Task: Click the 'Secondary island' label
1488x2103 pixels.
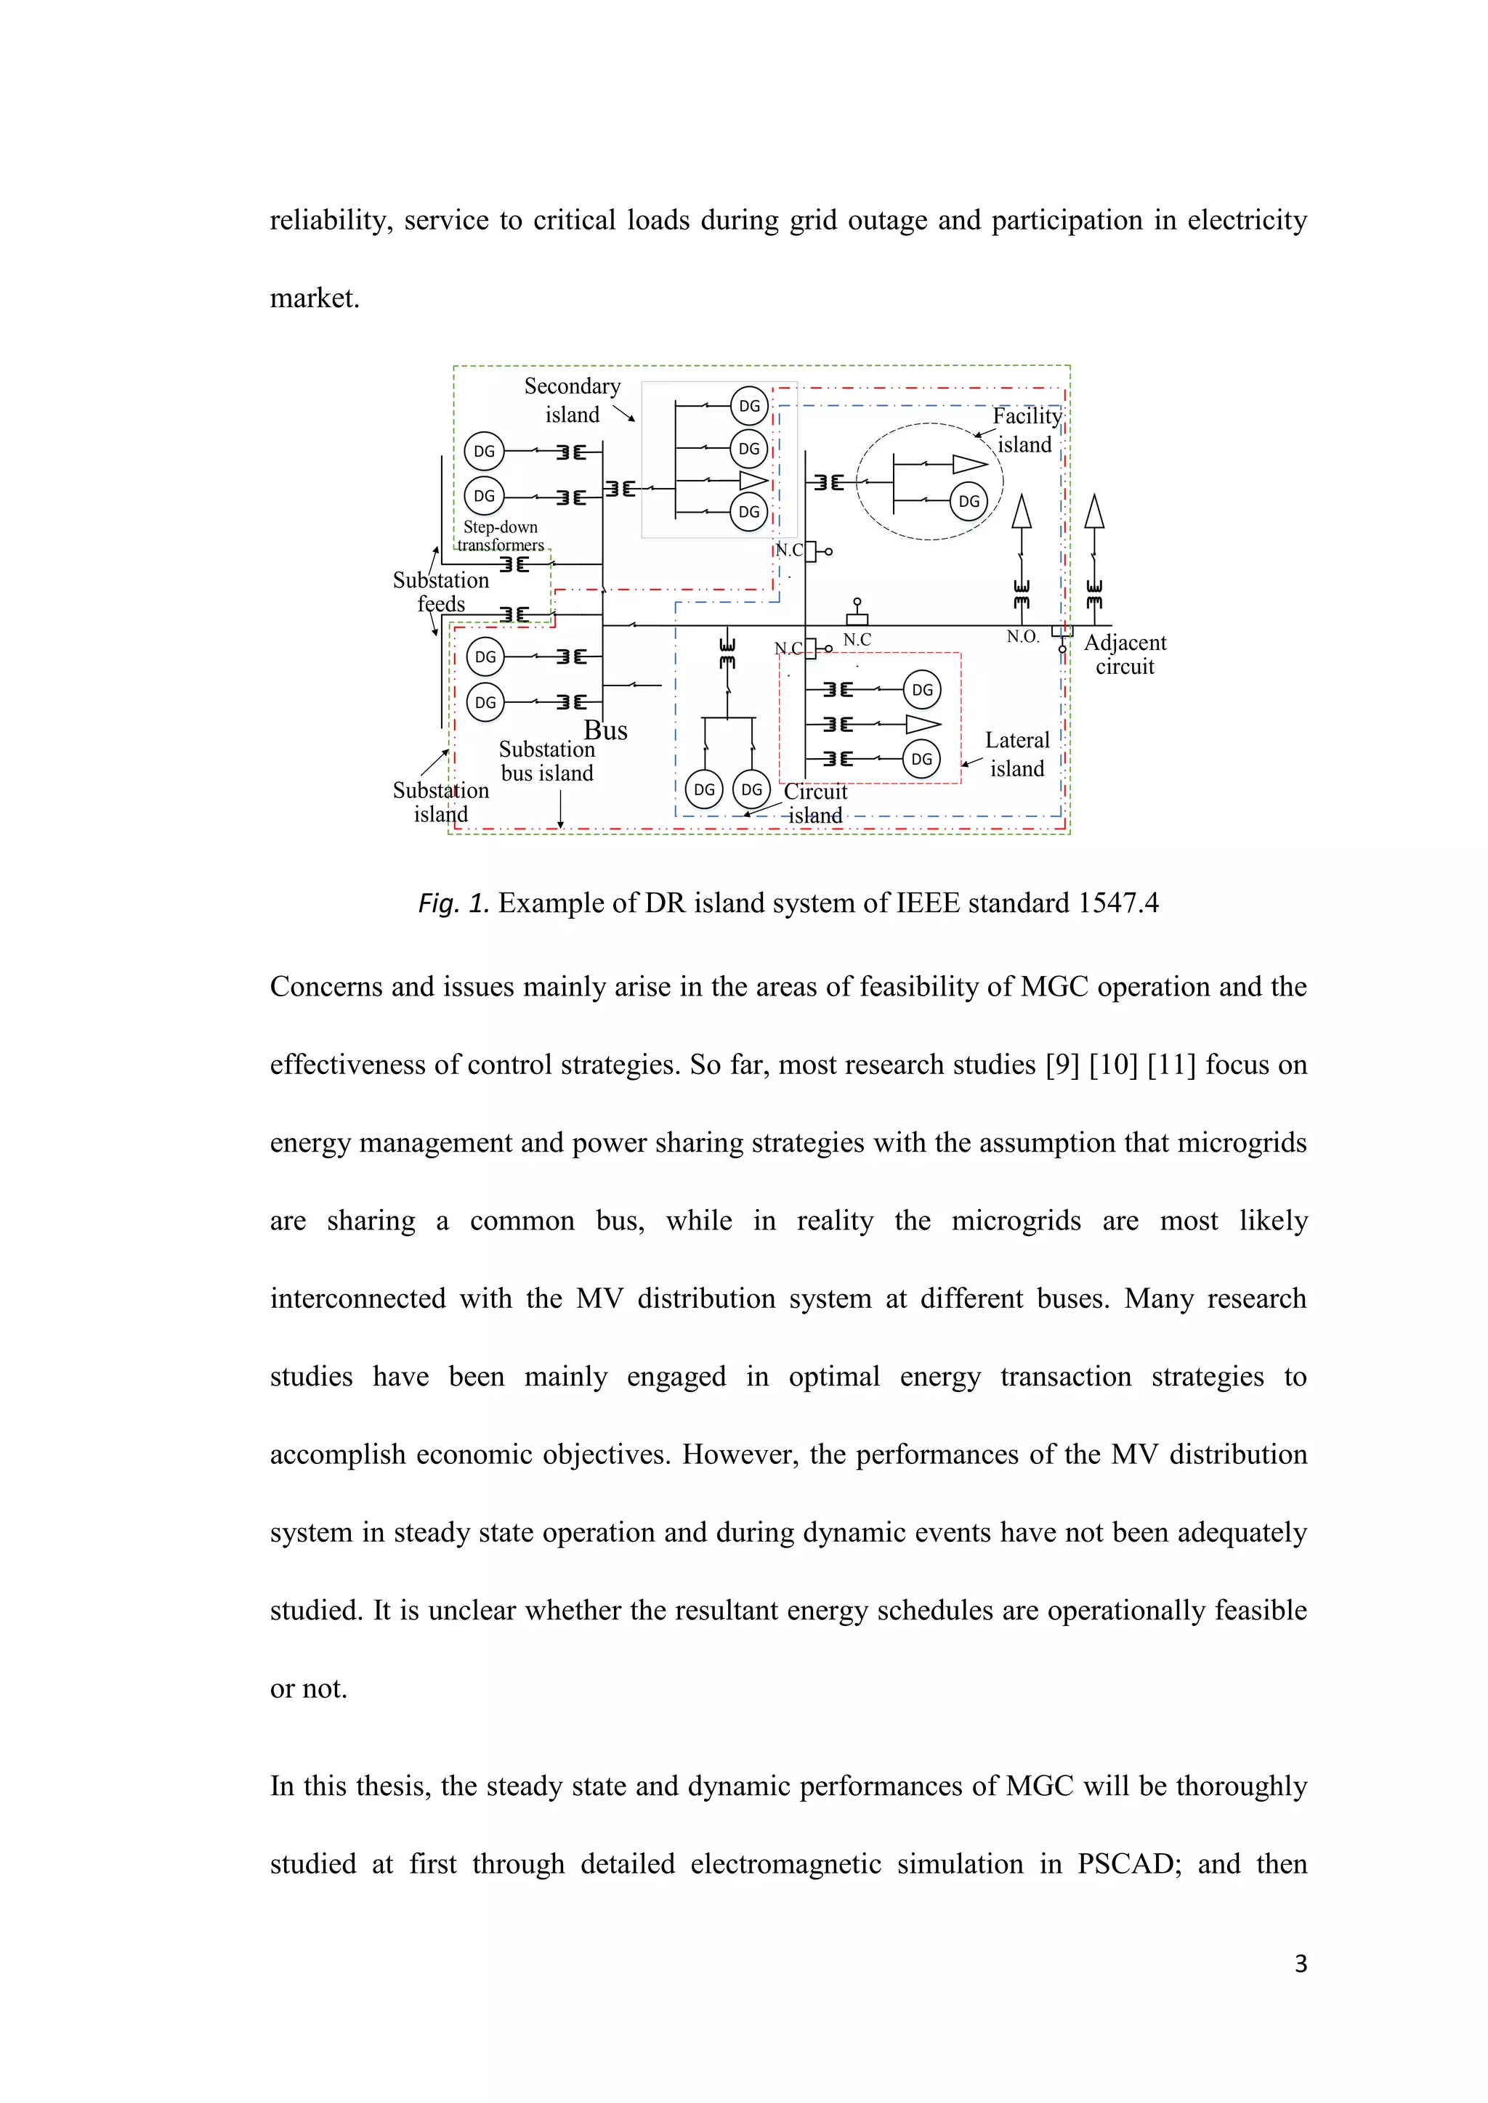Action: tap(572, 400)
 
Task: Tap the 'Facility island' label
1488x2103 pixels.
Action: tap(1026, 430)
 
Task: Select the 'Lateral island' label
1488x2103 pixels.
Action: tap(1017, 754)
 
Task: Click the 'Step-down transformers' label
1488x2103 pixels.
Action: tap(501, 536)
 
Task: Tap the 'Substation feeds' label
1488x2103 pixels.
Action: tap(441, 592)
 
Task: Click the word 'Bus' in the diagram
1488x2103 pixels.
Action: tap(606, 731)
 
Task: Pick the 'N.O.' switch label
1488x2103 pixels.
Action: tap(1022, 637)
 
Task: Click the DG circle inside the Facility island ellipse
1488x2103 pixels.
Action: tap(969, 501)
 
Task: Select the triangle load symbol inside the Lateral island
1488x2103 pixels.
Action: tap(922, 725)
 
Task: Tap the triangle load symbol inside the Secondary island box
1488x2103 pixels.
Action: tap(752, 481)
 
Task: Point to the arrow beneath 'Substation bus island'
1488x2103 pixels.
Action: tap(561, 810)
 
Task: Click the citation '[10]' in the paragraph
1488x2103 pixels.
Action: tap(1112, 1065)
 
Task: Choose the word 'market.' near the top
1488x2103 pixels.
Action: tap(315, 298)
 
